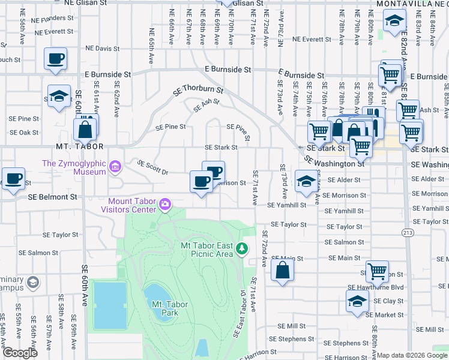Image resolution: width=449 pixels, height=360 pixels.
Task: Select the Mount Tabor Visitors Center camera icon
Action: point(164,206)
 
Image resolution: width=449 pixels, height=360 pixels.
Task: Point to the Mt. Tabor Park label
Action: point(170,308)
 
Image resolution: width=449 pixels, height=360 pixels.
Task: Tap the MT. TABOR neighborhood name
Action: point(80,146)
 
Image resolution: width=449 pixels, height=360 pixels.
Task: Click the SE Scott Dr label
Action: point(152,166)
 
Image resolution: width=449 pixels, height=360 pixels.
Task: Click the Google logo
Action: point(19,353)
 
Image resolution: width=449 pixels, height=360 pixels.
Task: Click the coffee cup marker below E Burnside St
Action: point(56,59)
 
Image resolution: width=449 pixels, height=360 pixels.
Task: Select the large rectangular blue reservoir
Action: point(110,305)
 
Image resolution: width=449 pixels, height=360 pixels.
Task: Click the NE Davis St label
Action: point(103,48)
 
